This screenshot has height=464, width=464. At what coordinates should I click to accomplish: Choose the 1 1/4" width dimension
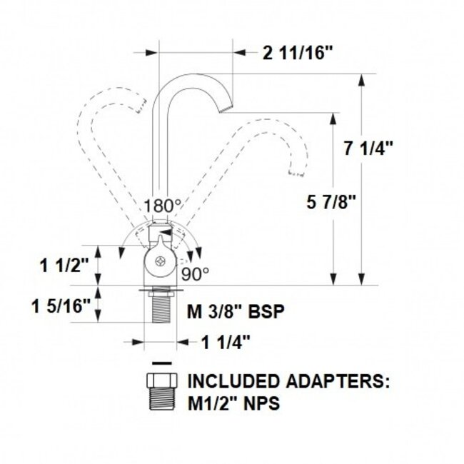[x=223, y=342]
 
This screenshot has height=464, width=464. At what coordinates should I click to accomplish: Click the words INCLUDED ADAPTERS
[x=288, y=381]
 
